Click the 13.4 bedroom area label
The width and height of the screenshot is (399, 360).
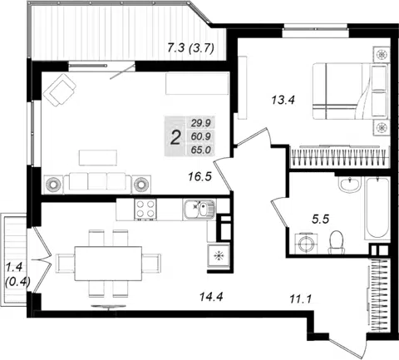283,100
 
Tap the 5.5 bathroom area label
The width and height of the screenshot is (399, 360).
320,219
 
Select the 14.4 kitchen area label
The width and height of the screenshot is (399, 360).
211,297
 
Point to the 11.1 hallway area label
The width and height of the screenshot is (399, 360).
301,299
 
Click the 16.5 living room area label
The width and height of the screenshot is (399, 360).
199,176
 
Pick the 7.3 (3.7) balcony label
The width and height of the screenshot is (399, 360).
191,48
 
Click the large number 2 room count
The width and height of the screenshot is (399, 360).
175,138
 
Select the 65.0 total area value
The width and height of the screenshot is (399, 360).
201,150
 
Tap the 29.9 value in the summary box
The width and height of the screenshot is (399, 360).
201,123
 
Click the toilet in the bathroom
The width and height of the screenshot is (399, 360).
337,243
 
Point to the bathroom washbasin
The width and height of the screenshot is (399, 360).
350,184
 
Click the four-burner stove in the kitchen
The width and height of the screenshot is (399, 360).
145,210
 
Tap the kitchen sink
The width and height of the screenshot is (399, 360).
199,210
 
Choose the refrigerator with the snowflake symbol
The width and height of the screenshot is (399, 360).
219,256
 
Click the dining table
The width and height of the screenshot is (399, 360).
108,264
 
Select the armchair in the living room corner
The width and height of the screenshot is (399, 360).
60,90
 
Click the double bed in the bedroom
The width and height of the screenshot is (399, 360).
351,91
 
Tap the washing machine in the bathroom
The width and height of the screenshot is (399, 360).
306,244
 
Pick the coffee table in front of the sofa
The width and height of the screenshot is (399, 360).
98,158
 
